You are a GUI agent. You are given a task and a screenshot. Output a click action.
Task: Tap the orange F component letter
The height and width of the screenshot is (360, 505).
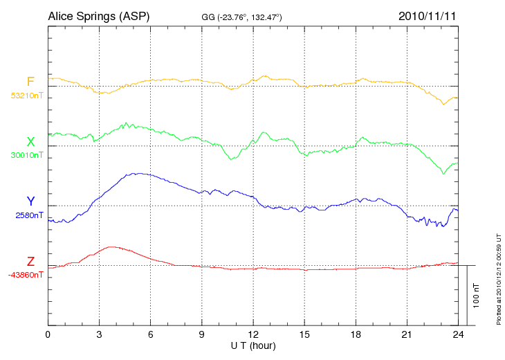pyautogui.click(x=30, y=82)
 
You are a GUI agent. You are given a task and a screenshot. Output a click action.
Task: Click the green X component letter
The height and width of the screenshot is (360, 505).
pyautogui.click(x=30, y=142)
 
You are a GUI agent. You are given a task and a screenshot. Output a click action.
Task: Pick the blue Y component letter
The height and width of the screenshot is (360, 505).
pyautogui.click(x=30, y=201)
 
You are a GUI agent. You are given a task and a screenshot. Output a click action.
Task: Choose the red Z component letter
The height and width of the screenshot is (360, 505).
pyautogui.click(x=30, y=262)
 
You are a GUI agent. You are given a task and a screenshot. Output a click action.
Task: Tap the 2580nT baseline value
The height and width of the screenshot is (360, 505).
pyautogui.click(x=29, y=215)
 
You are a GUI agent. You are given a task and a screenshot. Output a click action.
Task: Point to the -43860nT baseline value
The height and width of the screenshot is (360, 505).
pyautogui.click(x=26, y=275)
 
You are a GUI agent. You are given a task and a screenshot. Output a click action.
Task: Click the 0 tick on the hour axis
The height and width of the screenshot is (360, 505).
pyautogui.click(x=48, y=335)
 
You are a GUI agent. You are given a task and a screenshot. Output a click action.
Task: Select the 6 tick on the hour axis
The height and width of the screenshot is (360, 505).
pyautogui.click(x=151, y=335)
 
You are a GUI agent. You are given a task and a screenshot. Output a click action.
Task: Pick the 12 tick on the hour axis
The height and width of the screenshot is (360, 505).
pyautogui.click(x=253, y=335)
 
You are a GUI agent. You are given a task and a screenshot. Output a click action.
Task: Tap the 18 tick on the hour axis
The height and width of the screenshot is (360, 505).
pyautogui.click(x=356, y=335)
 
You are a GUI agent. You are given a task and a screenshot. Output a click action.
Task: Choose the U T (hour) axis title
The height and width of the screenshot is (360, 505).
pyautogui.click(x=253, y=345)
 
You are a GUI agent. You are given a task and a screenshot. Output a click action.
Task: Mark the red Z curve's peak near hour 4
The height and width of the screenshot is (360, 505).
pyautogui.click(x=111, y=246)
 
